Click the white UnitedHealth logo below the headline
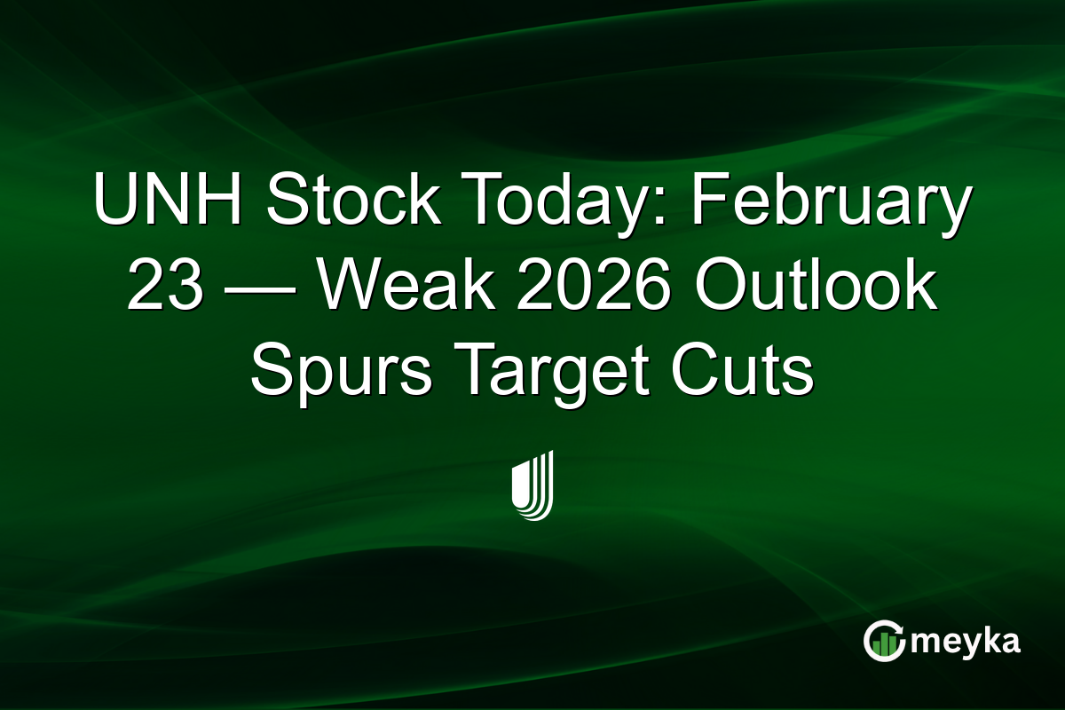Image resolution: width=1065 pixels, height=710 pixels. pyautogui.click(x=532, y=485)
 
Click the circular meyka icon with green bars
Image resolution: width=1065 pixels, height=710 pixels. pyautogui.click(x=885, y=640)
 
